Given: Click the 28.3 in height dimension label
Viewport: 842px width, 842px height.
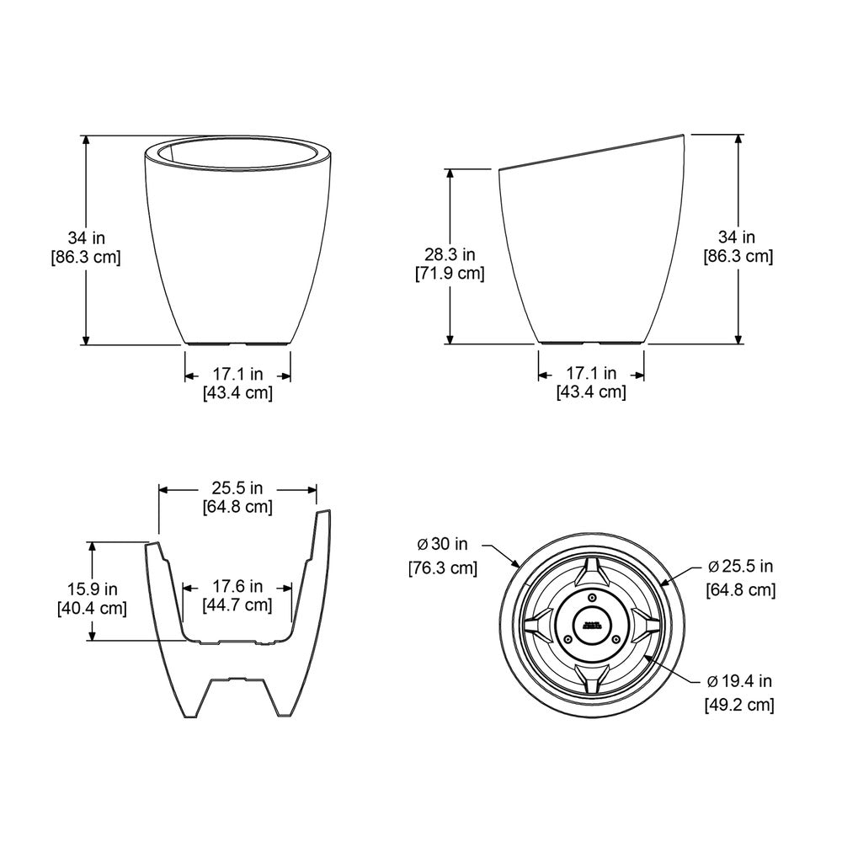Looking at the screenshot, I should (x=450, y=253).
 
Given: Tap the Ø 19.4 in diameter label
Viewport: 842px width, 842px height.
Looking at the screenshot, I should (x=739, y=681).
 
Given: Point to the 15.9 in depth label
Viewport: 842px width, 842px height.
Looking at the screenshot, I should (x=92, y=589).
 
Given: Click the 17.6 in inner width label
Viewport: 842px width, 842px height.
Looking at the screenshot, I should (x=237, y=586).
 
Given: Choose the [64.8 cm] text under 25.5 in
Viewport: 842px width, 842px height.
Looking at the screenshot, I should (x=237, y=507).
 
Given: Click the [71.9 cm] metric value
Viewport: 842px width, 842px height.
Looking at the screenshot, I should (x=450, y=273).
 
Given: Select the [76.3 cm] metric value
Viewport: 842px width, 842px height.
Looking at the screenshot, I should (x=442, y=568).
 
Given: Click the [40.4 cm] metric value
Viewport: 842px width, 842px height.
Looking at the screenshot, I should (x=92, y=608).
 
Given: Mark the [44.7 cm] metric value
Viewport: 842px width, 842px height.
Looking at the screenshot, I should (x=237, y=605).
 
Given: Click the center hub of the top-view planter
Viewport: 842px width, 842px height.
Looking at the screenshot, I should (x=590, y=626).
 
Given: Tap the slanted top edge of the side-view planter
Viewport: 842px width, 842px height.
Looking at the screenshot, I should (x=594, y=152).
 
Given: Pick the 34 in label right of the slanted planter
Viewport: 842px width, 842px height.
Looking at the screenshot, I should (x=738, y=237).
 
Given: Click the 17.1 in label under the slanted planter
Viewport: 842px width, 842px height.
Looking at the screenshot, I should (x=591, y=372).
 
